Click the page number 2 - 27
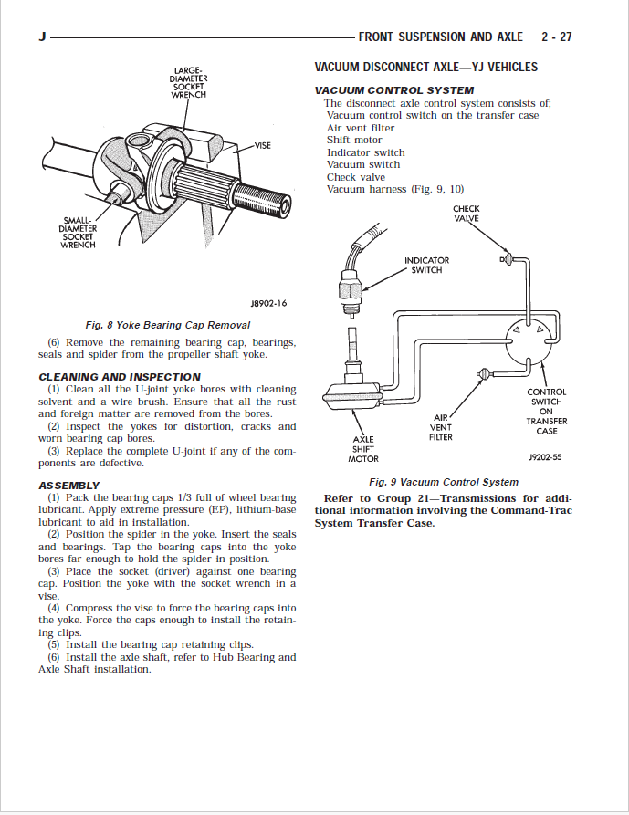556,37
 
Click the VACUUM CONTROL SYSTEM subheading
393,90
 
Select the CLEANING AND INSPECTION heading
120,377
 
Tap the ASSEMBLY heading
69,485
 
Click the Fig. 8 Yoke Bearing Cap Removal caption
167,325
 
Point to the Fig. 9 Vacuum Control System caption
443,482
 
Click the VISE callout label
262,146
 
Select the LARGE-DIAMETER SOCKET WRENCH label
189,82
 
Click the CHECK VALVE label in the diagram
466,214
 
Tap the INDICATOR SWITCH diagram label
426,265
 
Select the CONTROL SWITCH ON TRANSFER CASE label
547,412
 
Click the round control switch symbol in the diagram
528,338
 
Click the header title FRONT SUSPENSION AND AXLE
441,37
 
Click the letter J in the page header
42,37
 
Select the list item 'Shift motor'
354,141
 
